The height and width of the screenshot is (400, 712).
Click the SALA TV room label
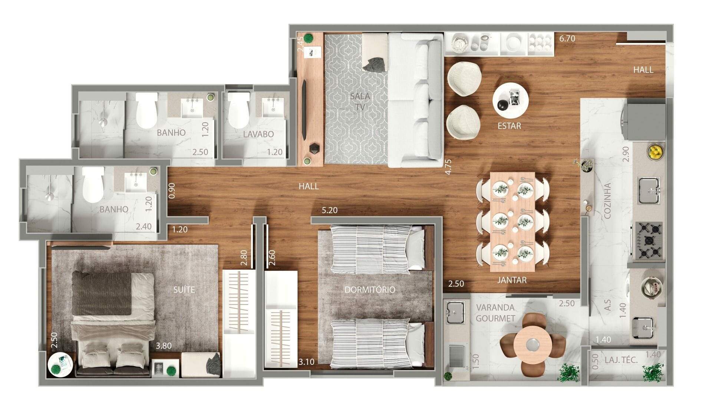click(x=360, y=101)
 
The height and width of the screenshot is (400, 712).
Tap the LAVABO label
click(x=258, y=134)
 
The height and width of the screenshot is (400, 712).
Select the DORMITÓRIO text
click(x=370, y=289)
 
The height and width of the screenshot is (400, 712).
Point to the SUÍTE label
click(x=184, y=290)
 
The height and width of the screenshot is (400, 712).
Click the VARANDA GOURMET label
click(x=495, y=313)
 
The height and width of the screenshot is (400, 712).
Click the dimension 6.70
click(x=567, y=38)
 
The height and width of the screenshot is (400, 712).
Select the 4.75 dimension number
click(x=448, y=167)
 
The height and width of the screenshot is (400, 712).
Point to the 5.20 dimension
click(x=330, y=210)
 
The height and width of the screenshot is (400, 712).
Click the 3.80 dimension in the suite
click(x=164, y=346)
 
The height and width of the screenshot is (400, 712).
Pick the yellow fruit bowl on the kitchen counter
click(x=656, y=151)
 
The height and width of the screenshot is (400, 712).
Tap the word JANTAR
click(x=512, y=280)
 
